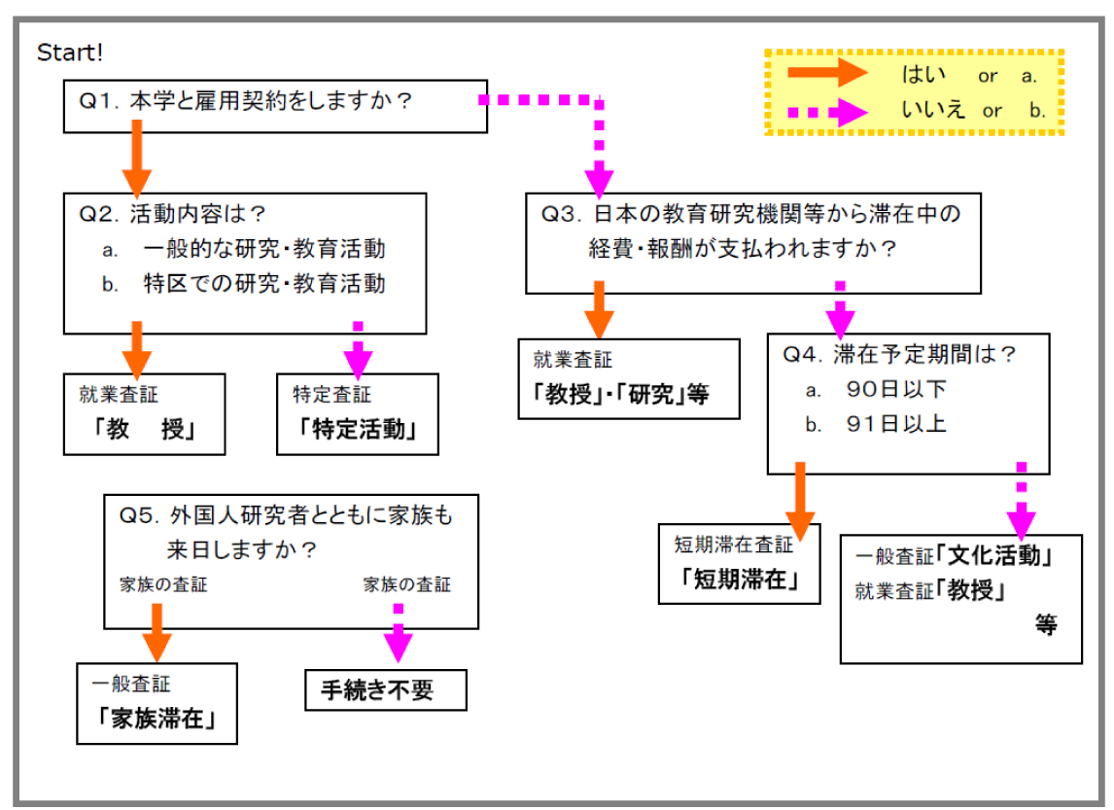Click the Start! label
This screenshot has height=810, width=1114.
[70, 52]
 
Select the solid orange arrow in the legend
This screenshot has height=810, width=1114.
[826, 74]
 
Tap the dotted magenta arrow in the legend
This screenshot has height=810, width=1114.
[826, 111]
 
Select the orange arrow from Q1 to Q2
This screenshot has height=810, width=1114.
[136, 156]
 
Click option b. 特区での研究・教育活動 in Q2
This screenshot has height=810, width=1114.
[262, 283]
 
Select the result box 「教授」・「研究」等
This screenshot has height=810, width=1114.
[628, 378]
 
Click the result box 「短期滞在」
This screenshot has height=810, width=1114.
[740, 564]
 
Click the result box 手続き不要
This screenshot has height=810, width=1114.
[386, 689]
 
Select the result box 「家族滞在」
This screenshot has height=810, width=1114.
[157, 703]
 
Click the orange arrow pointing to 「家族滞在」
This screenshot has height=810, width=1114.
[157, 632]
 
